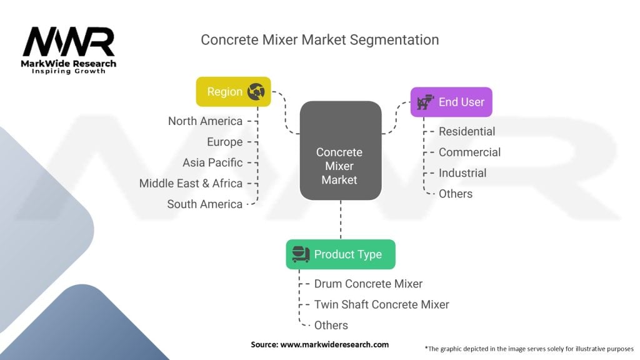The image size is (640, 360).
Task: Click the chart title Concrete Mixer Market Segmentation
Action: click(319, 40)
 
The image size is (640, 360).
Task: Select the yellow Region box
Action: click(233, 92)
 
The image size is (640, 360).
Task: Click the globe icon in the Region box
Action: click(256, 92)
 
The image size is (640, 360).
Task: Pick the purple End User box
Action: click(451, 102)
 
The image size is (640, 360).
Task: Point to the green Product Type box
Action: click(341, 254)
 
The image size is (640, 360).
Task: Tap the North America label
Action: click(205, 121)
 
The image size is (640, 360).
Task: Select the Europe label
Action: click(224, 142)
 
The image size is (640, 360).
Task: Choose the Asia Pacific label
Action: click(212, 162)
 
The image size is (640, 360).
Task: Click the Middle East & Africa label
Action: click(191, 183)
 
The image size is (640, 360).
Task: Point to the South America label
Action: click(204, 204)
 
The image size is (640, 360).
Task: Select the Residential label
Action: click(466, 131)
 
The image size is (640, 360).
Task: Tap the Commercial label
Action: click(469, 152)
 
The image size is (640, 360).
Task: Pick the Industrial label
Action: click(462, 173)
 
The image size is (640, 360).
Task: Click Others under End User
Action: click(456, 194)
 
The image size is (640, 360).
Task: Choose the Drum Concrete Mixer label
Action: click(368, 284)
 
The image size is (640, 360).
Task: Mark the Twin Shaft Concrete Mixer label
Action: click(381, 304)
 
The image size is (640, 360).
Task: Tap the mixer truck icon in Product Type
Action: click(300, 254)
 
